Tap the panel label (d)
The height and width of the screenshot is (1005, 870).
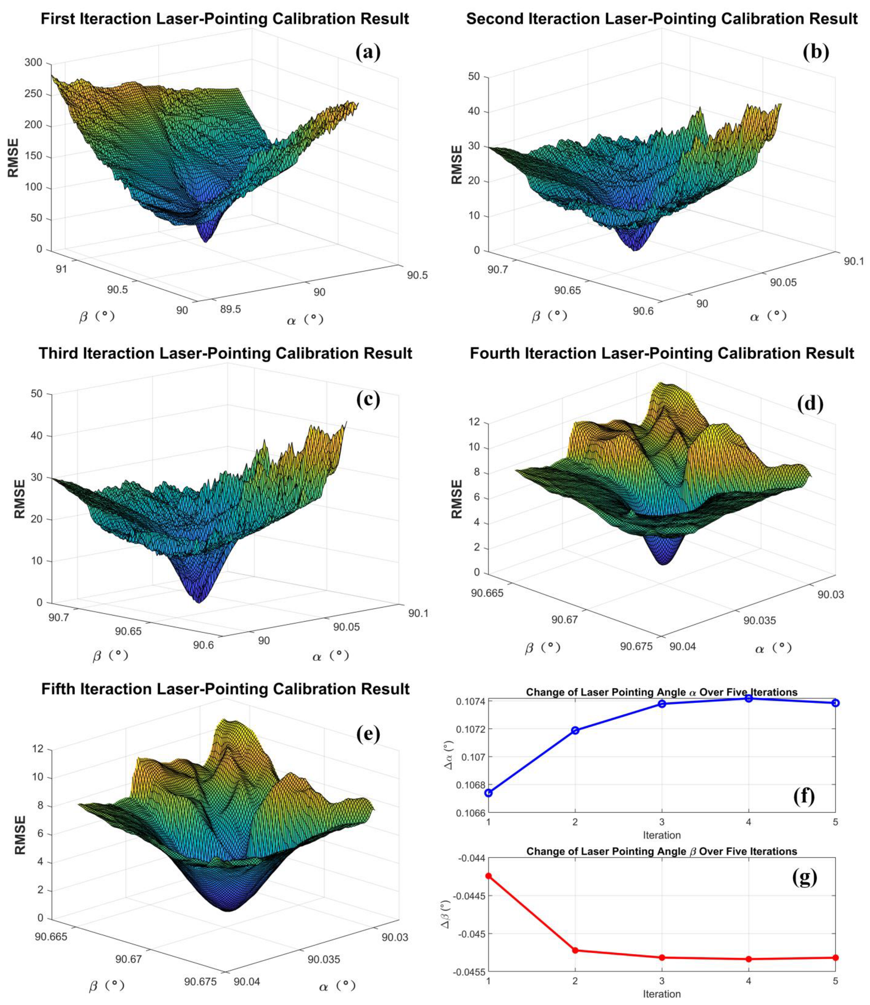coord(810,404)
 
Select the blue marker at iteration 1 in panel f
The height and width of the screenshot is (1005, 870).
coord(489,793)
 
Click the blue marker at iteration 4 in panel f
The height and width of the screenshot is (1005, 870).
coord(749,698)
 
